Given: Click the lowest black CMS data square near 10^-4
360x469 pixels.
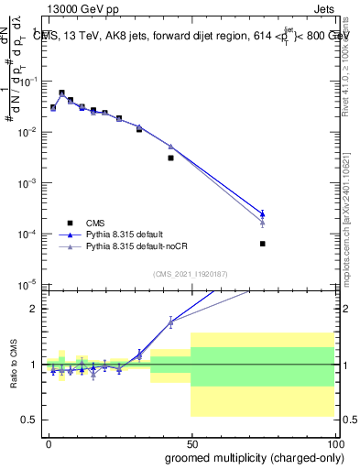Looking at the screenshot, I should (x=262, y=244).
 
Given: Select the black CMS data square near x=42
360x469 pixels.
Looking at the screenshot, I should (x=170, y=158).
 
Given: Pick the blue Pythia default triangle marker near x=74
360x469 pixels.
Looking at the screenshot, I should (x=262, y=214).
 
